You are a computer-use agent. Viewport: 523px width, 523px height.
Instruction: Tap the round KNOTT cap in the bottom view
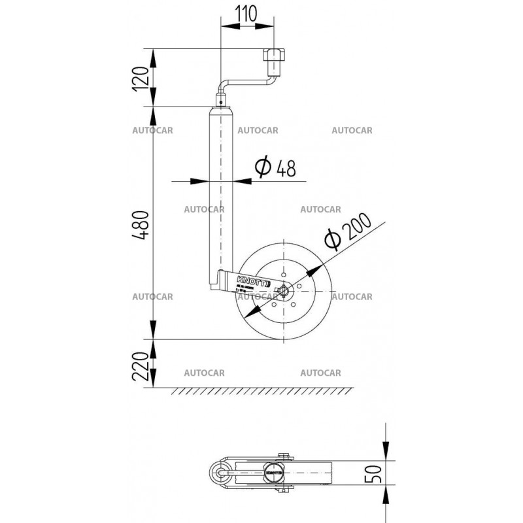coord(273,469)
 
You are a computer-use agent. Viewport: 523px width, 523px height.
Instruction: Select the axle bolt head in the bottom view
coord(283,456)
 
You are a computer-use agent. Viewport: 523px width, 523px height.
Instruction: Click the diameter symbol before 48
coord(262,168)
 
